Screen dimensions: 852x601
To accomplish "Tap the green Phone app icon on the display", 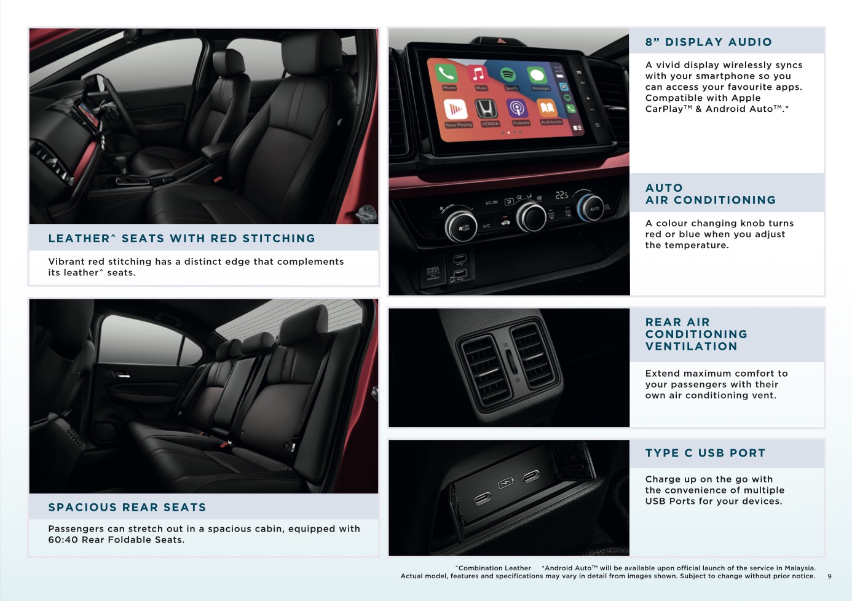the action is point(446,73).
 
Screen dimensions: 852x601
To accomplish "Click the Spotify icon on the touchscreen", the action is point(508,74).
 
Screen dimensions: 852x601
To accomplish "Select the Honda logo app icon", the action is point(486,109).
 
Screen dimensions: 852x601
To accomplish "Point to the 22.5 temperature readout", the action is point(562,195).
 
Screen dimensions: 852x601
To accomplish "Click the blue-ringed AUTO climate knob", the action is point(590,208).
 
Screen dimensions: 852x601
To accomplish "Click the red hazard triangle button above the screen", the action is point(502,41).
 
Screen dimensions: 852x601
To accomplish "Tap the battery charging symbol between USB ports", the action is point(506,483).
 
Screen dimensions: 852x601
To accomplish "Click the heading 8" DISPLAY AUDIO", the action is point(709,42).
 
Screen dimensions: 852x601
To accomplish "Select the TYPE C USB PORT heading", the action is point(705,453).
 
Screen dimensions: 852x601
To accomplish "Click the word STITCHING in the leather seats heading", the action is point(279,238).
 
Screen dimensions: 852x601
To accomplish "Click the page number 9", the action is point(829,576).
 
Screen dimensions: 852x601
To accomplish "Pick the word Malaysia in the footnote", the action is point(800,568).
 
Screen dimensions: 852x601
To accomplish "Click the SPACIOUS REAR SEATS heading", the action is point(127,507).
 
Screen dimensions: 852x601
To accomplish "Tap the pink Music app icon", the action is point(478,74).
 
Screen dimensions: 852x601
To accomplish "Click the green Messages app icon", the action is point(537,75).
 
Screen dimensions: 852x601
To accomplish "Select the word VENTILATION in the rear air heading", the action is point(691,347).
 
